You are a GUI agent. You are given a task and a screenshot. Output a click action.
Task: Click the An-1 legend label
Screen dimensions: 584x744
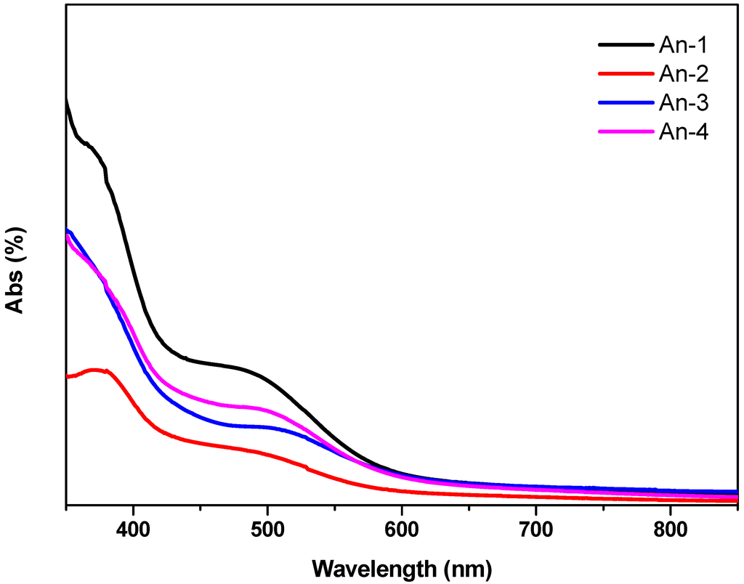pos(684,45)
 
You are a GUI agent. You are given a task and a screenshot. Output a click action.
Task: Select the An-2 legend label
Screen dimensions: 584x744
pos(684,74)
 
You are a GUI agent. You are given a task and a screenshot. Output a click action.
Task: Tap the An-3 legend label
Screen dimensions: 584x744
pos(684,103)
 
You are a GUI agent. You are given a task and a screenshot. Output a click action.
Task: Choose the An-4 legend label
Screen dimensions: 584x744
pos(684,131)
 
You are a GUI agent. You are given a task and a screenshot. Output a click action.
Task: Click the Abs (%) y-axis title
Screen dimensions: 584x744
pos(16,269)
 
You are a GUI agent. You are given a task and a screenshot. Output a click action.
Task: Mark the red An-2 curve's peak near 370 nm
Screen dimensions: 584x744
pos(93,370)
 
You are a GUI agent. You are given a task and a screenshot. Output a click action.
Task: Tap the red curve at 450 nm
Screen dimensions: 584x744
pos(201,443)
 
